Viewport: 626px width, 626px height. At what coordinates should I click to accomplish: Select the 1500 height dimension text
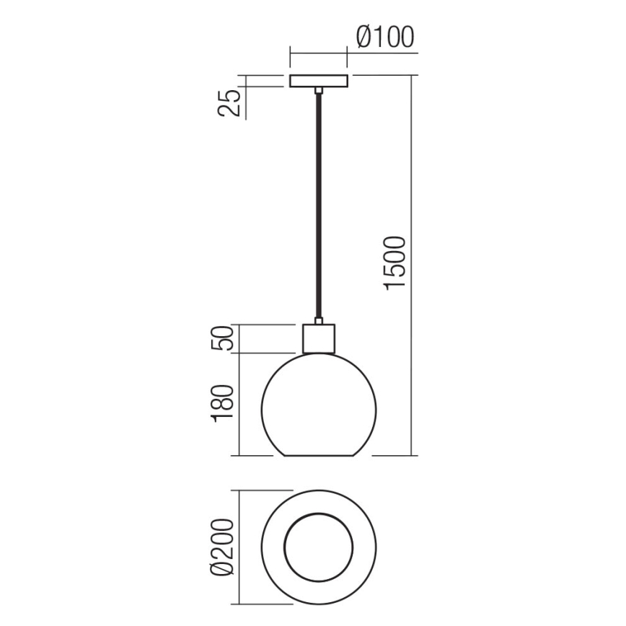tap(397, 263)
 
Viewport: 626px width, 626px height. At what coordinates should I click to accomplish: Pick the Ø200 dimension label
tap(225, 545)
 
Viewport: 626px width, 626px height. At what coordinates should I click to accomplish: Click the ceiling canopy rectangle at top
tap(318, 81)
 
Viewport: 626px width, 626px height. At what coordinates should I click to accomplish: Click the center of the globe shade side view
tap(318, 407)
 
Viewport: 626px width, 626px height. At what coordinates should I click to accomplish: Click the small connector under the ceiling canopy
tap(318, 90)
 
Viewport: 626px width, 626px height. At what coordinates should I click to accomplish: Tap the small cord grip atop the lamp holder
tap(318, 320)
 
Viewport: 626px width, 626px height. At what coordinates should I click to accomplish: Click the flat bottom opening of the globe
tap(318, 456)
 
